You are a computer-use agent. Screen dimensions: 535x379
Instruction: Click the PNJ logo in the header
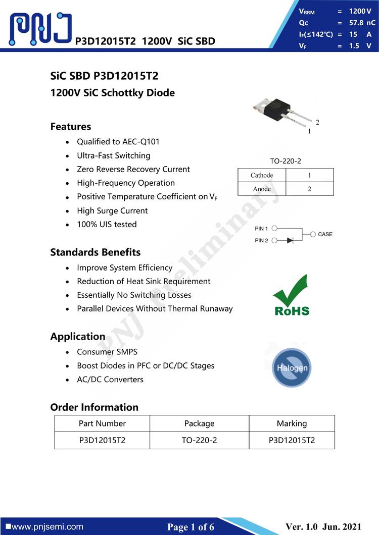pos(40,28)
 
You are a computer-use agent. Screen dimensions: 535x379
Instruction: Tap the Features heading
pos(71,127)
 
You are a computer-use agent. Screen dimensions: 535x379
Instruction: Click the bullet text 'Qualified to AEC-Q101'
pos(118,142)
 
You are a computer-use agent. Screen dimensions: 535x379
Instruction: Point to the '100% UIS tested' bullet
pos(107,224)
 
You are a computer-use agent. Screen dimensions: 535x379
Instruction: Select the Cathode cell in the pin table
pos(262,175)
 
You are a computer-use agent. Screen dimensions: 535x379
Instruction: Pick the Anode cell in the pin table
pos(262,189)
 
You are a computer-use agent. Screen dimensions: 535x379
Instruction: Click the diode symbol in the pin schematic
pos(290,240)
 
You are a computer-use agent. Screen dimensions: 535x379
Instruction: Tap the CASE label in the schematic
pos(325,234)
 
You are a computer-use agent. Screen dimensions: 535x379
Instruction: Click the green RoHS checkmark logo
pos(292,295)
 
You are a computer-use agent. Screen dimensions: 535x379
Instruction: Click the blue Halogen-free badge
pos(292,367)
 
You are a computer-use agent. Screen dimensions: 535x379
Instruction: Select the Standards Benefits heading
pos(96,252)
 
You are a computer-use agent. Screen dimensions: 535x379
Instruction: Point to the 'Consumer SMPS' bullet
pos(107,352)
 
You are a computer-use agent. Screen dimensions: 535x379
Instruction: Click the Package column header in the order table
pos(199,423)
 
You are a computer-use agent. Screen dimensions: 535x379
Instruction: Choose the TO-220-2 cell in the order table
pos(199,440)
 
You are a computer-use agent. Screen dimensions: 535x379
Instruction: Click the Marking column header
pos(292,423)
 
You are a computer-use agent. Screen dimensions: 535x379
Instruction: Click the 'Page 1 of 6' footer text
pos(191,527)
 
